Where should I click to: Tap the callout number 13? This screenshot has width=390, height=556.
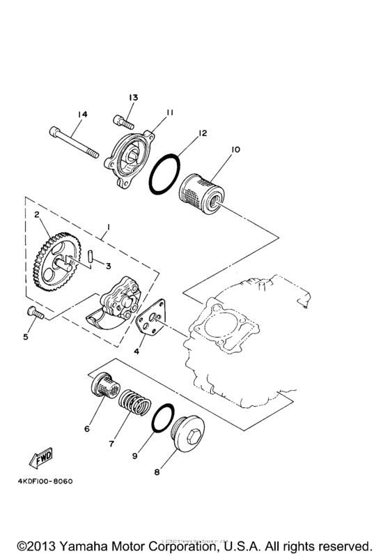click(133, 97)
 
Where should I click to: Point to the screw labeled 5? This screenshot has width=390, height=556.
click(34, 313)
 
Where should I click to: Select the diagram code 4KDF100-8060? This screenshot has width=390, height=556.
click(41, 481)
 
